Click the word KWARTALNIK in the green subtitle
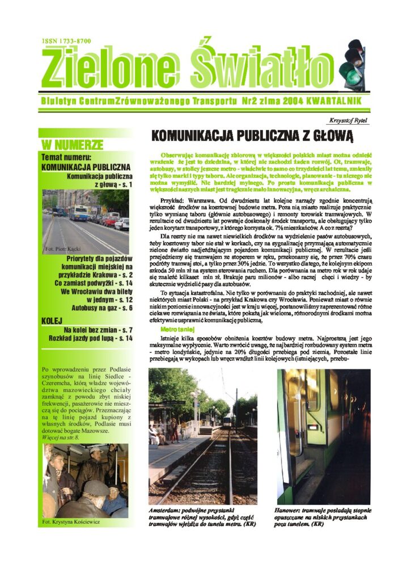tap(322, 100)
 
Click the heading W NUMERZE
tap(73, 144)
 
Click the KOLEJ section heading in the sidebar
tap(52, 321)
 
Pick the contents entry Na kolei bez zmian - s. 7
tap(98, 330)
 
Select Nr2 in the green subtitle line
tap(248, 100)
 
